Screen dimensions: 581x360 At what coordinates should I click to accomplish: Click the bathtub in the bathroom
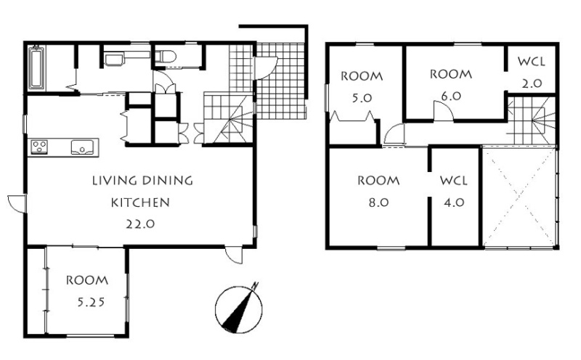[x=36, y=67]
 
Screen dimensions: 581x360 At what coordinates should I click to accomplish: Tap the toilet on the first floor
[x=165, y=57]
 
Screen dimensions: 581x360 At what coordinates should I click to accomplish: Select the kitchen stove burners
[x=39, y=147]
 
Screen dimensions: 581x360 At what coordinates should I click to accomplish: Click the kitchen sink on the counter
[x=82, y=147]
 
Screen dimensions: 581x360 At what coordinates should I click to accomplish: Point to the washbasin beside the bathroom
[x=115, y=60]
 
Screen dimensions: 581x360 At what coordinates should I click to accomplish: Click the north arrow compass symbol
[x=239, y=308]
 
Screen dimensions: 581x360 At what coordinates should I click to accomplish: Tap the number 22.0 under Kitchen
[x=140, y=224]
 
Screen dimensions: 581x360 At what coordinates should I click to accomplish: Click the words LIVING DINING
[x=142, y=181]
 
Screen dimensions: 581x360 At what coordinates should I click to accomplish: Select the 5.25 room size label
[x=91, y=303]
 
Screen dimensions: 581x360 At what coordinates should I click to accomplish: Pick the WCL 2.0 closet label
[x=532, y=73]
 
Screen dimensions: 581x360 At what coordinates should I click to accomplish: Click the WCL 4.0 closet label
[x=454, y=192]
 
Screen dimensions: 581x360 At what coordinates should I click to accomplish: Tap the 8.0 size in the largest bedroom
[x=378, y=202]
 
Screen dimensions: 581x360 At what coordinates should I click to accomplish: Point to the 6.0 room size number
[x=451, y=96]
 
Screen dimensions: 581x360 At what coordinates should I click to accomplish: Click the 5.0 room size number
[x=361, y=98]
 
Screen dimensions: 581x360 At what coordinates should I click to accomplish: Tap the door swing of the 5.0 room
[x=394, y=134]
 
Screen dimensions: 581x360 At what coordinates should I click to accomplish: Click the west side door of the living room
[x=16, y=203]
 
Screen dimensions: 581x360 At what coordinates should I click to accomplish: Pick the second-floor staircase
[x=532, y=120]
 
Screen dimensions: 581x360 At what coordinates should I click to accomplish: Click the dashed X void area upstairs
[x=519, y=196]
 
